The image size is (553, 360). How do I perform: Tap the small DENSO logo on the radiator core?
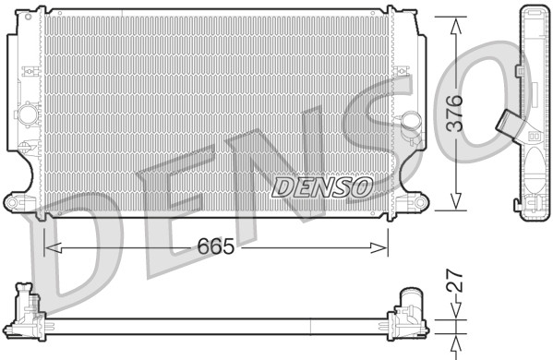tap(322, 187)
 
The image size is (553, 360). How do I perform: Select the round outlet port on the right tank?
tap(410, 121)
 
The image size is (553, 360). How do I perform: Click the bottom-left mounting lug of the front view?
tap(16, 201)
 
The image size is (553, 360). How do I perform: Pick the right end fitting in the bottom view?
tap(408, 311)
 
